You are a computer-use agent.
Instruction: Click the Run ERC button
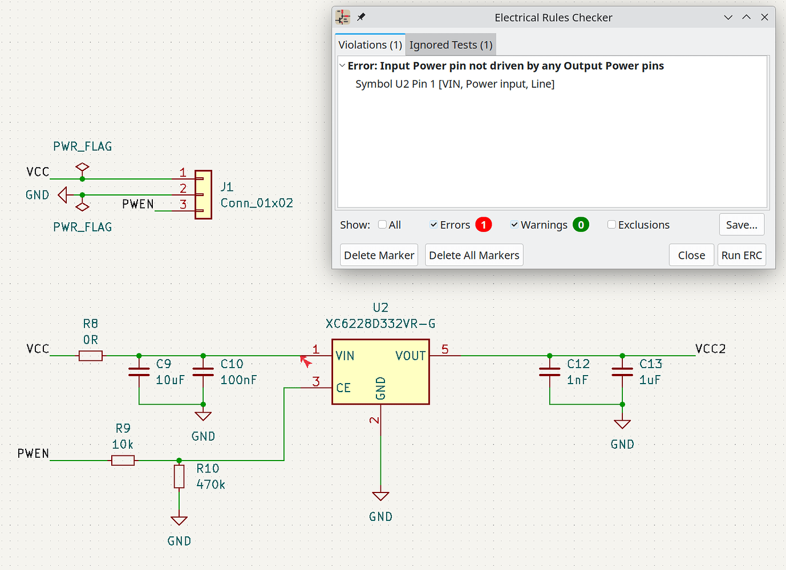[741, 255]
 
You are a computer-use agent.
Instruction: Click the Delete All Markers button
[473, 255]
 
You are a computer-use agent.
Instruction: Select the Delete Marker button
[379, 255]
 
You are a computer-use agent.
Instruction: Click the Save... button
[741, 225]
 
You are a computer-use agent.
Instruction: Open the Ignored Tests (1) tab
[451, 45]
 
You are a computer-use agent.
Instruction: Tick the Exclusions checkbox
[612, 225]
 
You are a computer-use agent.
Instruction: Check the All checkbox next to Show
[383, 225]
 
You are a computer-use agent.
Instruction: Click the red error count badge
[483, 225]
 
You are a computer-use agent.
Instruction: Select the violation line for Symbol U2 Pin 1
[455, 84]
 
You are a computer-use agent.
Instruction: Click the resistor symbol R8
[91, 356]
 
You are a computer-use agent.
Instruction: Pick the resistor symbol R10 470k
[179, 477]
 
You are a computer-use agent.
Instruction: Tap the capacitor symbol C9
[139, 372]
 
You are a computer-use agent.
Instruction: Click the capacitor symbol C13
[622, 372]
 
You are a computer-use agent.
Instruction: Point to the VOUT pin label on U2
[410, 356]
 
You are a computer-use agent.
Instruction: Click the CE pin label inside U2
[343, 388]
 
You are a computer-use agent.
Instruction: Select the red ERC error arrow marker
[306, 361]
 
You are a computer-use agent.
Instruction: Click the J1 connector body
[204, 194]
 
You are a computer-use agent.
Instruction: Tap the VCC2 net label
[710, 349]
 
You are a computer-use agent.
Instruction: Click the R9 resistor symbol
[123, 461]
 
